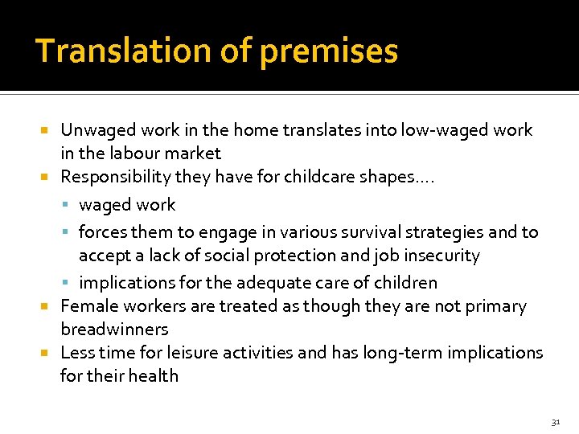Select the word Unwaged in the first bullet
point(97,130)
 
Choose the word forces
point(102,232)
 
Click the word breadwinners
point(114,330)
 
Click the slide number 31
point(555,422)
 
